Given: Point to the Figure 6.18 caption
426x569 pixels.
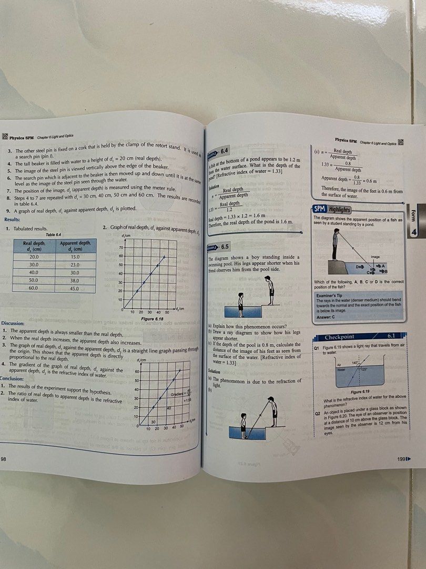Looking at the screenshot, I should point(153,319).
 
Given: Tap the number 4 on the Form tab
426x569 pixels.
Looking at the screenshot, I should point(414,232).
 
